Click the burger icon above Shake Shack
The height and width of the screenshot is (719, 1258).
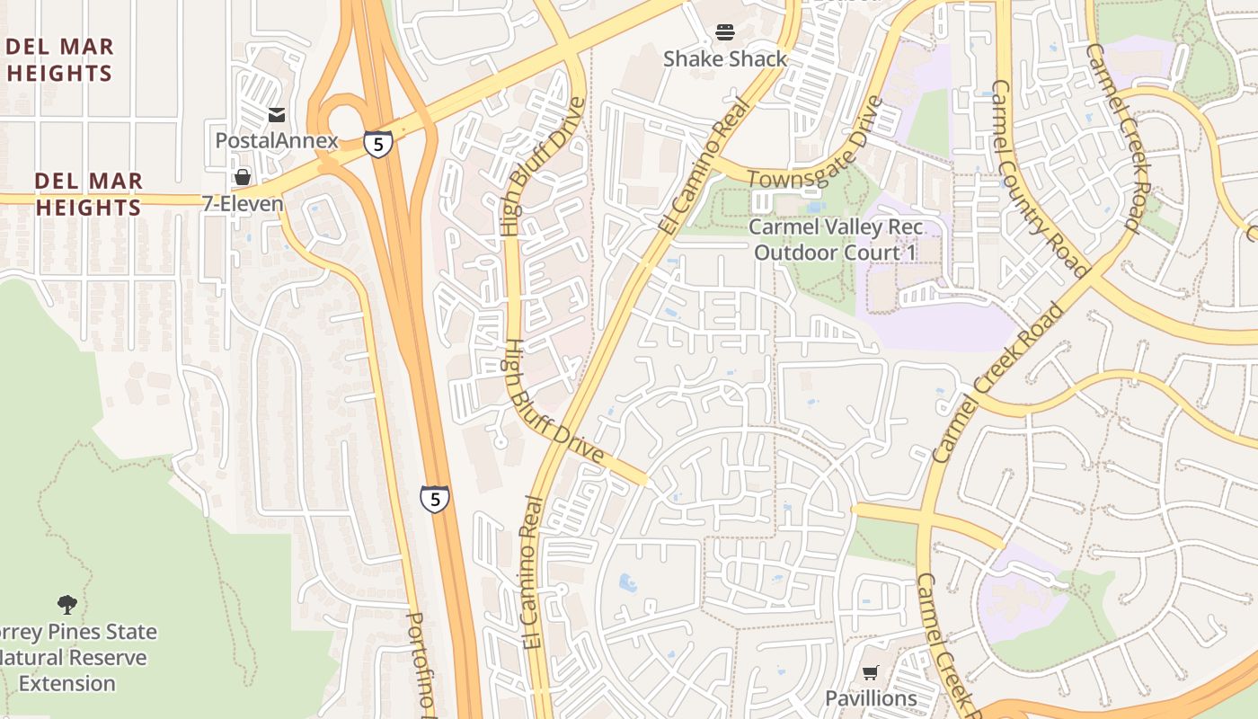[725, 33]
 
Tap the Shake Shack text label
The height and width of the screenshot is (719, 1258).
[725, 59]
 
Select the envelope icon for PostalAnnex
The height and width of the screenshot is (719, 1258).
[277, 115]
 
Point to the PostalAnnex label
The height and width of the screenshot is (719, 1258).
[277, 141]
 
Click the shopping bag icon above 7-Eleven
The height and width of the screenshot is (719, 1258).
[242, 177]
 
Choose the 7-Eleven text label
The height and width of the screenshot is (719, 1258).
[242, 204]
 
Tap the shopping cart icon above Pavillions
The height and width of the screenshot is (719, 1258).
[870, 672]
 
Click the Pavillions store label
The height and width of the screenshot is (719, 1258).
[871, 698]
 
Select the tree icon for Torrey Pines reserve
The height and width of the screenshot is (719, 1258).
[66, 604]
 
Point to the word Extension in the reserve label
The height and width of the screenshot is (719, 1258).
[67, 684]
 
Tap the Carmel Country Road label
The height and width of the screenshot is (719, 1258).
[1039, 180]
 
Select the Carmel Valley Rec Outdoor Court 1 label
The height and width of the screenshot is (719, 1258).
[836, 240]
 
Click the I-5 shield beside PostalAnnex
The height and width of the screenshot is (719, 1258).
[378, 143]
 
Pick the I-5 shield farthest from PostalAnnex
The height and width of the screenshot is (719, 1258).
[434, 499]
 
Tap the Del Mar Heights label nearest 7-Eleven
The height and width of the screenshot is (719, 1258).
[88, 194]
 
